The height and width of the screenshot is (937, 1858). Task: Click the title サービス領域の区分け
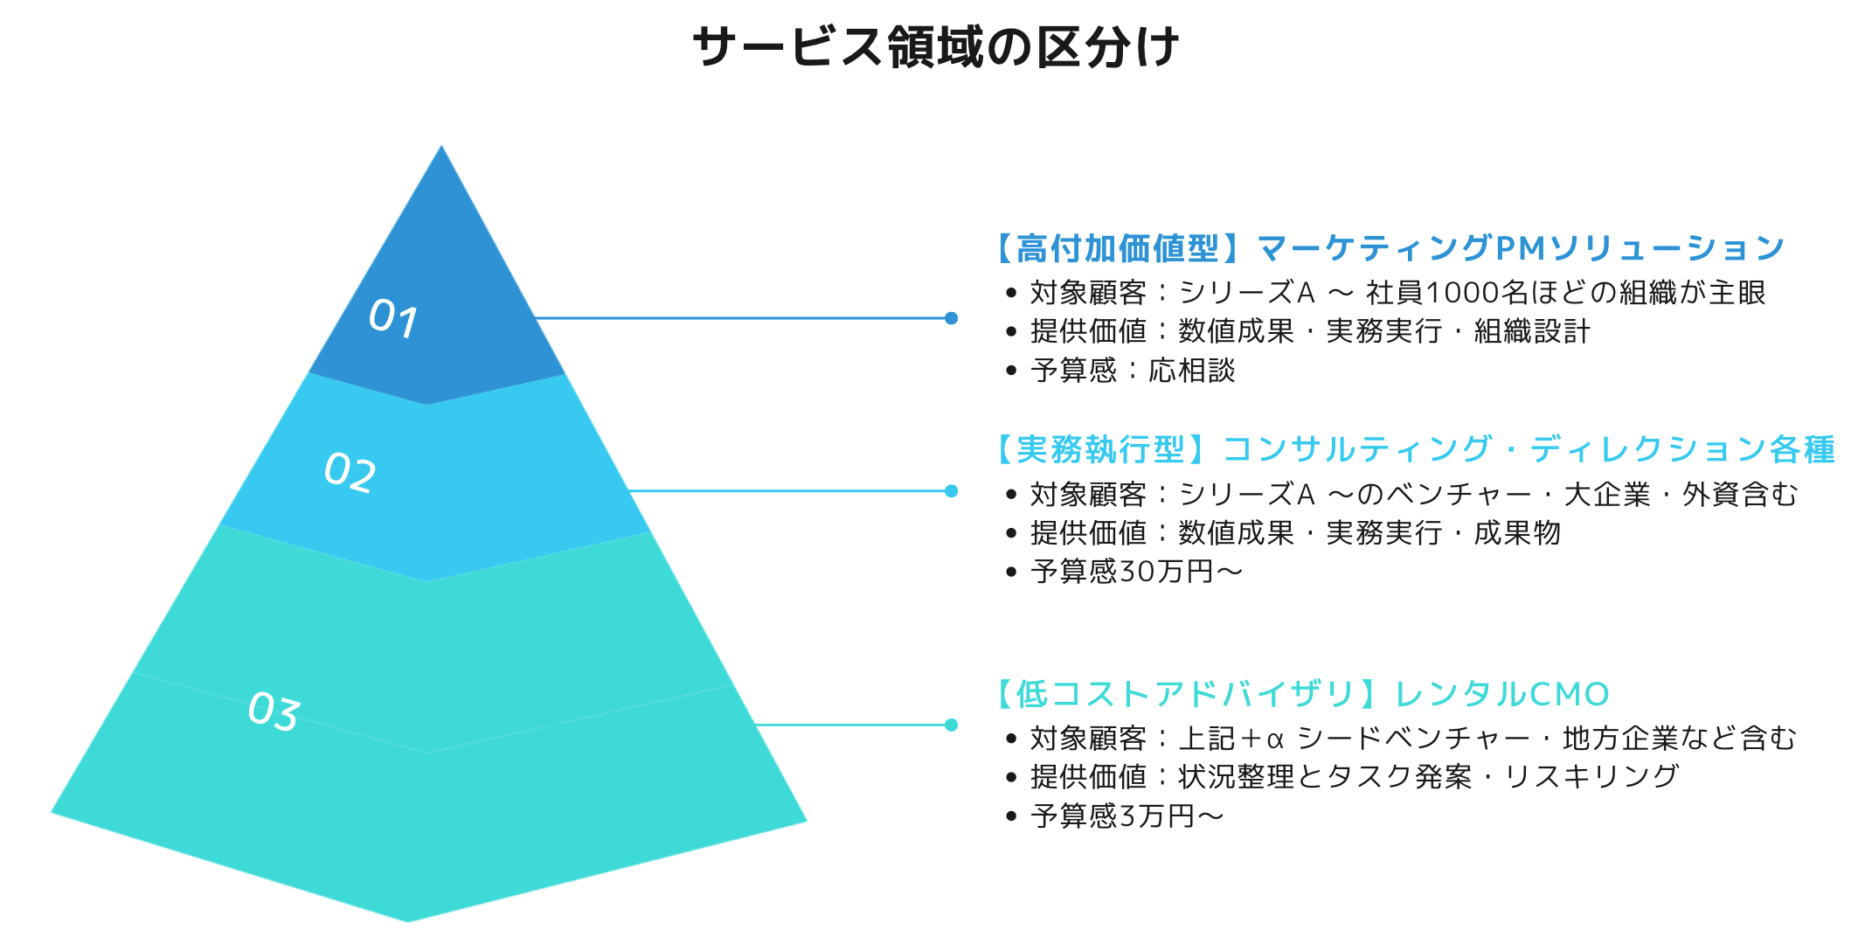(935, 46)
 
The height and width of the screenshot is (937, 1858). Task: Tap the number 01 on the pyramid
(392, 317)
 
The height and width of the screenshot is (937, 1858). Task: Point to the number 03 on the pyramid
(274, 711)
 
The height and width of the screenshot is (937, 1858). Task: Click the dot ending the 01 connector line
(951, 318)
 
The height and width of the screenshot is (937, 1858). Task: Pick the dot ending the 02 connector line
(951, 491)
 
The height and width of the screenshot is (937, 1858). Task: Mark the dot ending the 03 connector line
(951, 725)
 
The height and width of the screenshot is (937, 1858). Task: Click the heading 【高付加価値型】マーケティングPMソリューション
(1388, 248)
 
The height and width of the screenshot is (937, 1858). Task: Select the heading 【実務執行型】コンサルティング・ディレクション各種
(1414, 449)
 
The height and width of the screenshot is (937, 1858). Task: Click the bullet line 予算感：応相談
(1133, 371)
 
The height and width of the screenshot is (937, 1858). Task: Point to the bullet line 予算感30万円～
(1136, 572)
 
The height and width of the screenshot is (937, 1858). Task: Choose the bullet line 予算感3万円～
(1127, 816)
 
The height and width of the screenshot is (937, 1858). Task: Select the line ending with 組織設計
(1309, 331)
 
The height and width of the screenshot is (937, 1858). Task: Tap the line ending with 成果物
(1295, 533)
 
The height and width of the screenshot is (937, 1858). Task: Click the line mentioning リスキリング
(1355, 777)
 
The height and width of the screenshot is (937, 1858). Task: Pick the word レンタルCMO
(1501, 694)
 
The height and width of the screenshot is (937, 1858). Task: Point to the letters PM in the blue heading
(1521, 248)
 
